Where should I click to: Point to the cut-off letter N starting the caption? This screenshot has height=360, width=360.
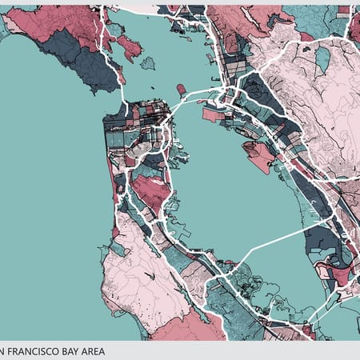[x=3, y=350]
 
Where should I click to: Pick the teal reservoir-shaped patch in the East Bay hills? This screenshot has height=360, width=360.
[x=322, y=58]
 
